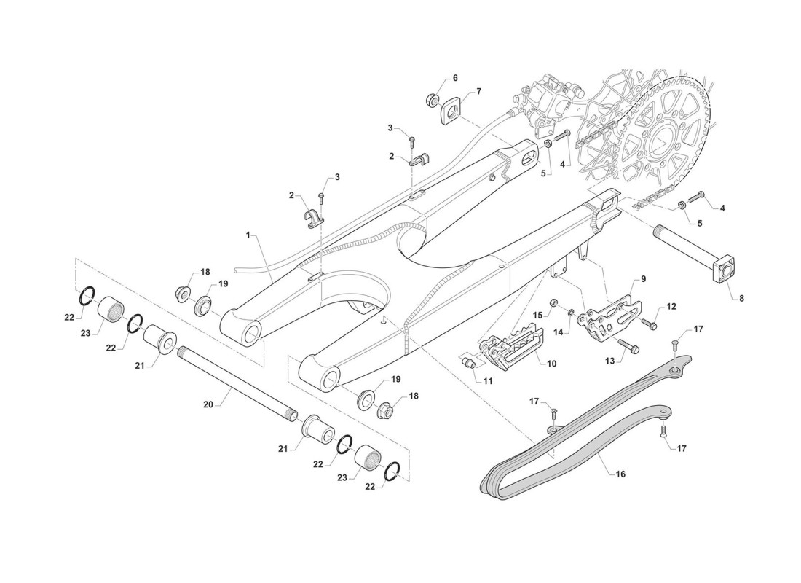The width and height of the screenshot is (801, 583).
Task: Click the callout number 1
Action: coord(248,236)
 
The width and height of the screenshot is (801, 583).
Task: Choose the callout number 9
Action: coord(643,279)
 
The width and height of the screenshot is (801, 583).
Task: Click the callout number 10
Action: coord(552,363)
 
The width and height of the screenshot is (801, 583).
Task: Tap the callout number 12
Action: coord(671,307)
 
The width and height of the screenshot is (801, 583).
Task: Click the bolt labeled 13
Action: coord(628,345)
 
